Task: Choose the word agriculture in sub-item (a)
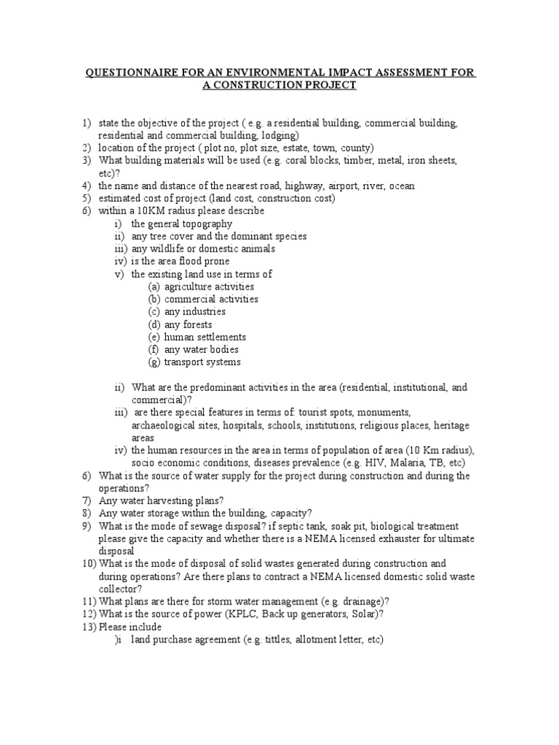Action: point(189,287)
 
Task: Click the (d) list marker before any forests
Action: point(154,324)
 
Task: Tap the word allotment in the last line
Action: point(290,640)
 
